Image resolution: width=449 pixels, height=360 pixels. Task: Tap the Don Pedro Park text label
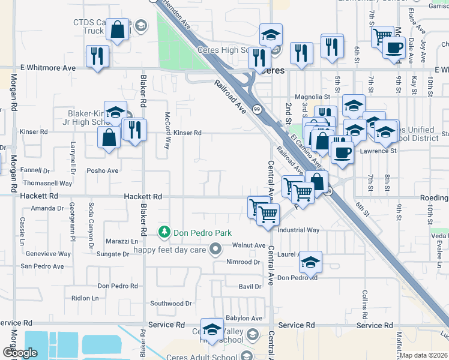(x=202, y=233)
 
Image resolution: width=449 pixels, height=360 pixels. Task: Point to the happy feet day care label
(x=169, y=250)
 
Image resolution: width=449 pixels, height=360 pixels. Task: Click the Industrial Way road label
(x=298, y=230)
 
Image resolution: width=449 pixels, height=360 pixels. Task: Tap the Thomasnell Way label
(x=47, y=183)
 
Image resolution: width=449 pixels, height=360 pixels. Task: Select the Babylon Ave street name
(x=244, y=318)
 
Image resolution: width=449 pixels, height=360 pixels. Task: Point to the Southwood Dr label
(x=171, y=304)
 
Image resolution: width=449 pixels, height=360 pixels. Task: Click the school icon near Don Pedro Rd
(x=310, y=262)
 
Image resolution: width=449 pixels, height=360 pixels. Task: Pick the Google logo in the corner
(x=20, y=353)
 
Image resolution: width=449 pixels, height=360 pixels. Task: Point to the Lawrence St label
(x=378, y=151)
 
